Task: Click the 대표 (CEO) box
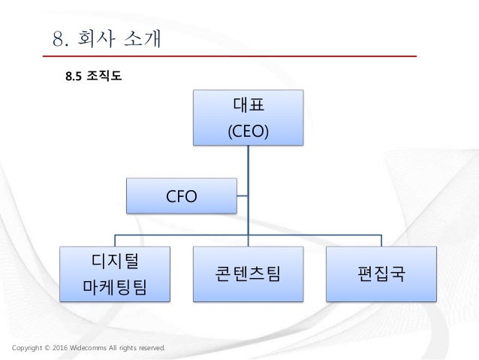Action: click(248, 117)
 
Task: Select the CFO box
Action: click(181, 196)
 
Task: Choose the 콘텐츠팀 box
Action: click(248, 272)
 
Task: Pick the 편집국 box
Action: click(381, 272)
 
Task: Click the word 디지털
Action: click(115, 260)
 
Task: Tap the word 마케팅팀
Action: click(115, 286)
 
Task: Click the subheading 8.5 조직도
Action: click(93, 75)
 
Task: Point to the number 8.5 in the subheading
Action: click(74, 75)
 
